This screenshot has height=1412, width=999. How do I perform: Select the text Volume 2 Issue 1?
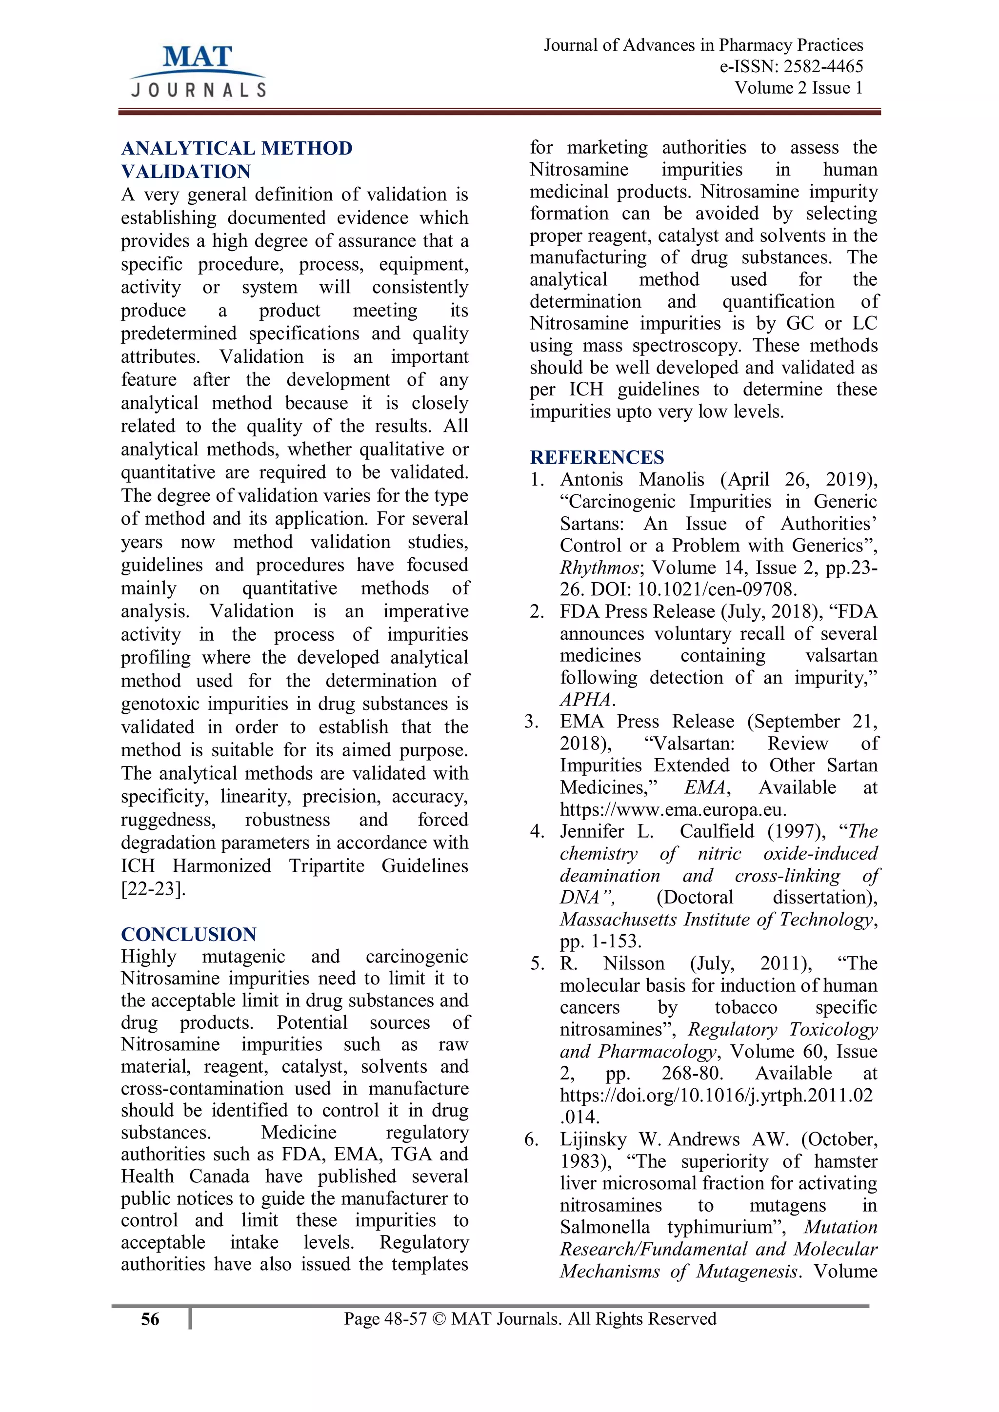[799, 88]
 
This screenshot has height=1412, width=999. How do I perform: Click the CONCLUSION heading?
[188, 934]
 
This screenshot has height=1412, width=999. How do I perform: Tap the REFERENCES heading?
[597, 457]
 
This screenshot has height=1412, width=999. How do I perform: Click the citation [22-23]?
[153, 889]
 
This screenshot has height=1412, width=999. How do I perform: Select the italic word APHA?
[586, 699]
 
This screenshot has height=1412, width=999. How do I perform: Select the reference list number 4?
[537, 831]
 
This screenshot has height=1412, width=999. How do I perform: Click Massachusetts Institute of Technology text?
[717, 920]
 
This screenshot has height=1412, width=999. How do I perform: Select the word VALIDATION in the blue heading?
[186, 171]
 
